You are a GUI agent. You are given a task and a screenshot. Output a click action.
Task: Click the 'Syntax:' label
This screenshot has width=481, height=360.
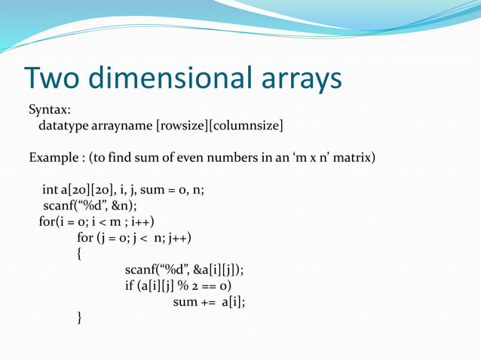click(50, 111)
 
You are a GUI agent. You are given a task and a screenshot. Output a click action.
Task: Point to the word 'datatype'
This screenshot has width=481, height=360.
click(63, 125)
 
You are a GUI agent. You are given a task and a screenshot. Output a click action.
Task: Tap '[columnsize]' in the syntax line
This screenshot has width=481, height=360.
click(247, 125)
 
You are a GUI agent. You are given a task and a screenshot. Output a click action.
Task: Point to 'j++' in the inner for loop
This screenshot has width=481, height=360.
click(178, 239)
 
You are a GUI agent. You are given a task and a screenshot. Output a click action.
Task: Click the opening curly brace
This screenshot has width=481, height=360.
click(80, 255)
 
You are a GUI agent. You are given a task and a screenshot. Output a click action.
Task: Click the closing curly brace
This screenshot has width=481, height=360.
click(80, 318)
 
